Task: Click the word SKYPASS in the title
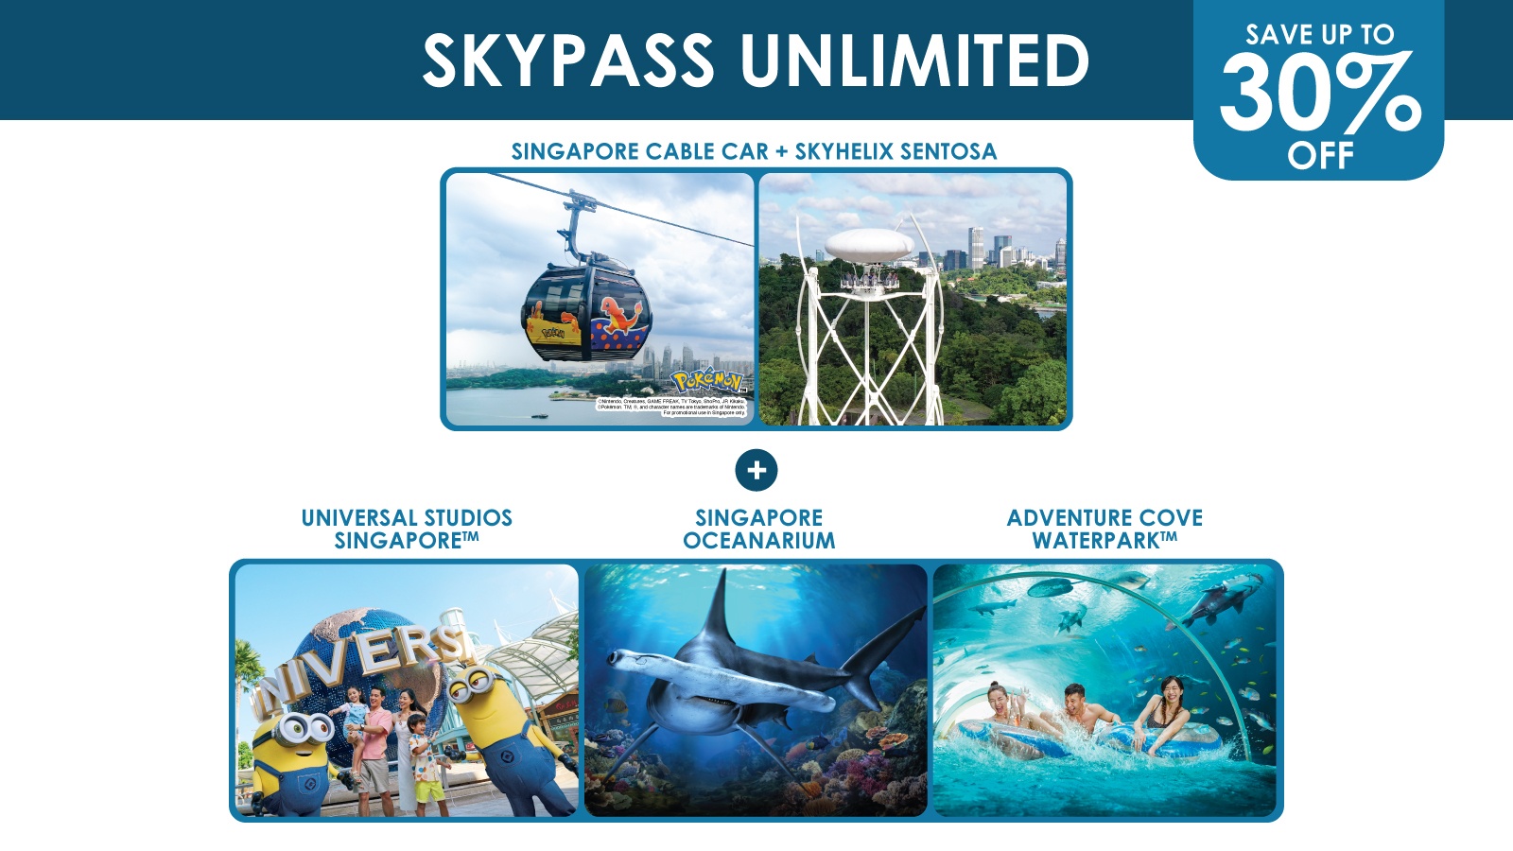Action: point(567,61)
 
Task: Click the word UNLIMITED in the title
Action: point(914,61)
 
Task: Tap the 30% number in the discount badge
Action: point(1319,93)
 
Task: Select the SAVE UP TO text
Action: point(1319,35)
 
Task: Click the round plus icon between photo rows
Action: point(756,470)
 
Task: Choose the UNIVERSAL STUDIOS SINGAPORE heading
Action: point(407,530)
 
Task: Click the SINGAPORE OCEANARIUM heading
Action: point(758,530)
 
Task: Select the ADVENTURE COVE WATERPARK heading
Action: point(1104,530)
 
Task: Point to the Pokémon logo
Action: point(707,382)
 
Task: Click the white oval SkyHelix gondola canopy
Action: point(868,245)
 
